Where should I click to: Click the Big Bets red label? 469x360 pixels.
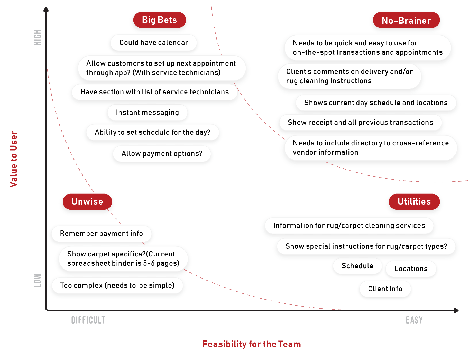[x=159, y=20]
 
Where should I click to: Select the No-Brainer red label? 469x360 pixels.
[x=406, y=20]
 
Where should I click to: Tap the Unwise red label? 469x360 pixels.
[x=87, y=202]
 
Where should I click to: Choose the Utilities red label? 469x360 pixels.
[x=414, y=202]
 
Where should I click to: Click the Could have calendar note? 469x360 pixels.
[x=154, y=43]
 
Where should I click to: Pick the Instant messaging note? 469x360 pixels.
[x=147, y=113]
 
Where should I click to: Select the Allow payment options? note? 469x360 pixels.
[x=162, y=154]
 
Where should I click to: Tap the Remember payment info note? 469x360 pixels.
[x=101, y=234]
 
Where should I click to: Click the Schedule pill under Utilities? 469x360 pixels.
[x=357, y=266]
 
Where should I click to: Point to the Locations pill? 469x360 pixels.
[x=411, y=269]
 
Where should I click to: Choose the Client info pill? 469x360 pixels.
[x=385, y=289]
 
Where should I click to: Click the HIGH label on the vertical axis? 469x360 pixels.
[x=38, y=38]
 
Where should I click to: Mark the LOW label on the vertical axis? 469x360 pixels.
[x=38, y=280]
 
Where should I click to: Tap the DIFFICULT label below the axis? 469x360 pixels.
[x=88, y=320]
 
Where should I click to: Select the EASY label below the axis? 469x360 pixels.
[x=414, y=320]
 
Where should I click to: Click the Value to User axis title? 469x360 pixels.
[x=14, y=159]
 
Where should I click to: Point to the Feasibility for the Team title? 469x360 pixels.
[x=251, y=344]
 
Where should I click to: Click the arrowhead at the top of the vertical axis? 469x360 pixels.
[x=46, y=10]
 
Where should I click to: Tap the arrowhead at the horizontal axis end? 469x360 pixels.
[x=456, y=310]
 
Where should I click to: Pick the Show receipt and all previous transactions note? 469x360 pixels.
[x=360, y=123]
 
